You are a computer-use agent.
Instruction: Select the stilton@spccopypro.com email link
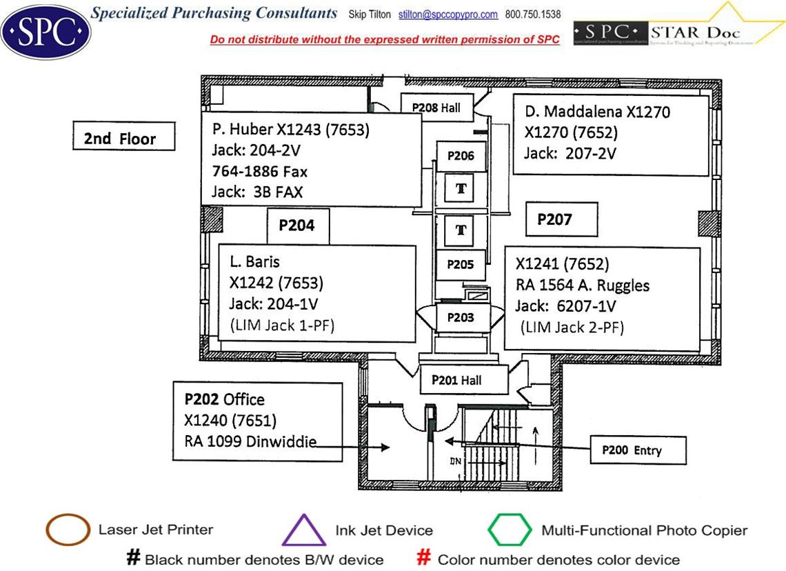coord(448,14)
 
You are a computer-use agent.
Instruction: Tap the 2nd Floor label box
coord(124,138)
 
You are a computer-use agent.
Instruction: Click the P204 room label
coord(297,226)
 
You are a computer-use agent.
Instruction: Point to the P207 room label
coord(555,219)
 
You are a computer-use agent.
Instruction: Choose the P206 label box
coord(461,156)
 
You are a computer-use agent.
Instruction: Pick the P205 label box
coord(461,264)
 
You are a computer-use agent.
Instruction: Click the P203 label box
coord(461,317)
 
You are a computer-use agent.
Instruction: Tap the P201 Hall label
coord(457,380)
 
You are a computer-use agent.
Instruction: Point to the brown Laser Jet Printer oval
coord(68,530)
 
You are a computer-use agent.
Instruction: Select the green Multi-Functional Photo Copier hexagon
coord(510,530)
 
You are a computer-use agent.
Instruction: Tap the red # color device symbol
coord(425,558)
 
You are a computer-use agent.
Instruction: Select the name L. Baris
coord(255,261)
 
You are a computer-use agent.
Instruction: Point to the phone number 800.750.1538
coord(533,14)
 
